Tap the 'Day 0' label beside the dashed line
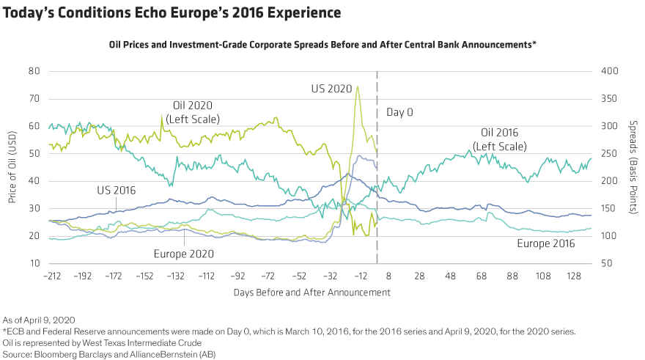pyautogui.click(x=399, y=112)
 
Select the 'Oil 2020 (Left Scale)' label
pyautogui.click(x=196, y=111)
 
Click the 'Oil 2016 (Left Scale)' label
pyautogui.click(x=500, y=139)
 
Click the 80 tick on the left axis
pyautogui.click(x=33, y=71)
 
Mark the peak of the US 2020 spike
pyautogui.click(x=357, y=87)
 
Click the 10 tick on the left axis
pyautogui.click(x=33, y=264)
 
